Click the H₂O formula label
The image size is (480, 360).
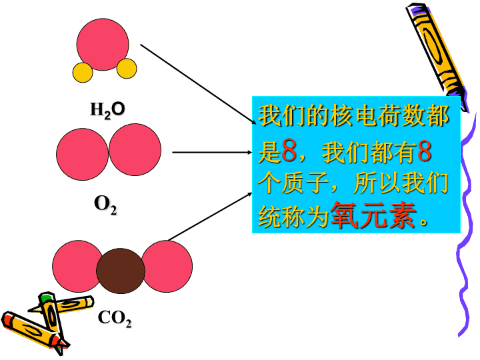click(x=107, y=110)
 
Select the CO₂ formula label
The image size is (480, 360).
click(x=115, y=319)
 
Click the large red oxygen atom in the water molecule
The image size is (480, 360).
click(x=103, y=45)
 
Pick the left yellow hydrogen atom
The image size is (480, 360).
click(x=83, y=73)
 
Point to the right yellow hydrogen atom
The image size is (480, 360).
click(x=127, y=69)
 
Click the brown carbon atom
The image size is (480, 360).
click(x=121, y=271)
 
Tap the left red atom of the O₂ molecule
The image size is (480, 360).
click(x=83, y=154)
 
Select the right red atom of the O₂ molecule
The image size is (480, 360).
click(x=135, y=150)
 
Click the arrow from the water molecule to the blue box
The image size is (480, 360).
click(x=198, y=84)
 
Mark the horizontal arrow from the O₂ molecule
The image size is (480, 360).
click(x=212, y=152)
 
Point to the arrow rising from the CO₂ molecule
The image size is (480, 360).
click(x=210, y=217)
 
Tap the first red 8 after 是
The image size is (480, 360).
click(x=289, y=150)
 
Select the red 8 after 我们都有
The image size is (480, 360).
click(x=424, y=150)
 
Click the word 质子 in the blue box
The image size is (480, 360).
click(x=305, y=183)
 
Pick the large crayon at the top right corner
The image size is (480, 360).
click(x=437, y=57)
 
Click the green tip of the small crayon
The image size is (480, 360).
click(x=46, y=297)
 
